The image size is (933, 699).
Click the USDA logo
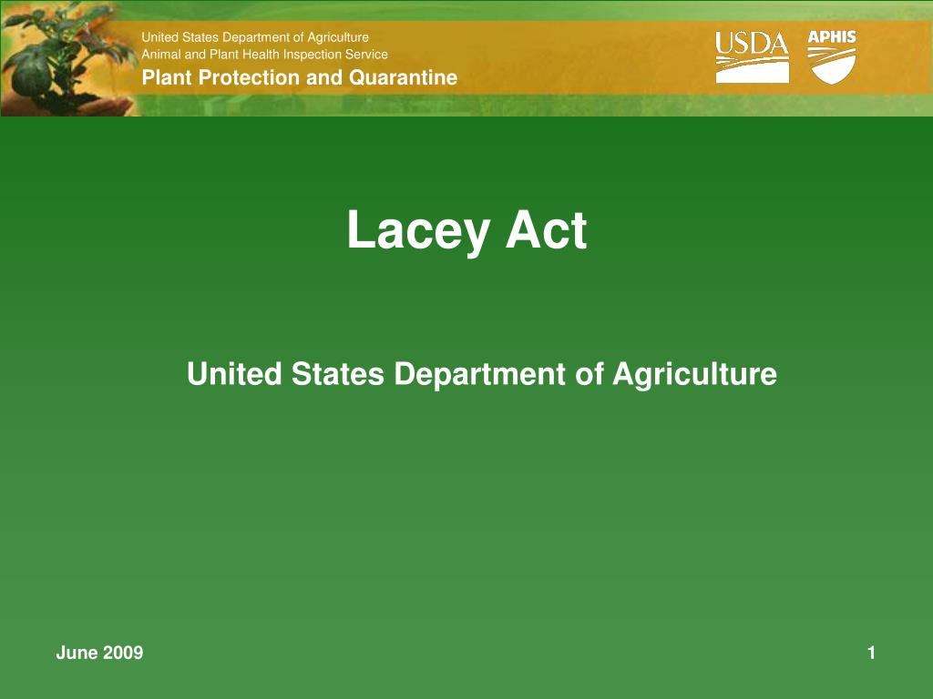[752, 56]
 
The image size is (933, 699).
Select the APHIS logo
[833, 56]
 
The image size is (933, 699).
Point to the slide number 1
[872, 653]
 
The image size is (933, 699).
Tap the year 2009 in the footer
[122, 653]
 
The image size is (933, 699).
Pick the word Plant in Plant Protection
[167, 77]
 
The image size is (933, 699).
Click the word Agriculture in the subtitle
[694, 374]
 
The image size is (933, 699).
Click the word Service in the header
[366, 55]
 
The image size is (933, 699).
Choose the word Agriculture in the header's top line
[337, 37]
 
